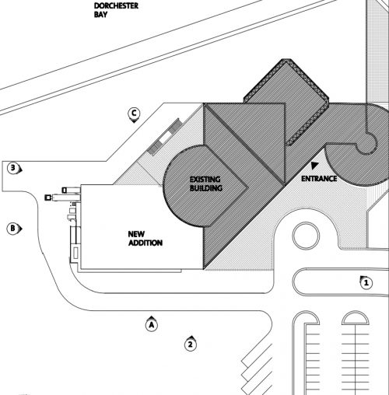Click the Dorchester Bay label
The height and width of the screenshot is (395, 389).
pos(116,10)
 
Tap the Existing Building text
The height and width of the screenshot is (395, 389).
pos(206,184)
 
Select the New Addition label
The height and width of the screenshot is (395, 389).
pos(145,239)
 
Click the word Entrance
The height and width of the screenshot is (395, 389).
pos(319,179)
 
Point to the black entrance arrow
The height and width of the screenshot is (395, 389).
pos(314,166)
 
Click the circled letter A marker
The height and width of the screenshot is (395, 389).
pos(152,324)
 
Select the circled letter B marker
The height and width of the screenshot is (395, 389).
pos(13,229)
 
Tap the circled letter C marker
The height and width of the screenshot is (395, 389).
pos(134,114)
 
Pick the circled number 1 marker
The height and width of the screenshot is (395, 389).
pos(366,282)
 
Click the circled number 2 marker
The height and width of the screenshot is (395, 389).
pos(191,344)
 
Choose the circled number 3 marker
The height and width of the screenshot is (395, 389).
pos(14,168)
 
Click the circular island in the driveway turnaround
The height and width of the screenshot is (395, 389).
pos(306,236)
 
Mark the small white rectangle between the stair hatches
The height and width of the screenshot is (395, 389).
pos(165,138)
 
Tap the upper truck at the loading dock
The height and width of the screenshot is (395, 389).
pos(71,190)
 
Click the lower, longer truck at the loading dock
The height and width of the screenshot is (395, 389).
pos(62,197)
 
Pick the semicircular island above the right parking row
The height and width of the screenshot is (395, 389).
pos(355,318)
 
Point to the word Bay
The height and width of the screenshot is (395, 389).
pos(100,15)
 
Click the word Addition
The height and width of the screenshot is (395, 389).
pos(145,243)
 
